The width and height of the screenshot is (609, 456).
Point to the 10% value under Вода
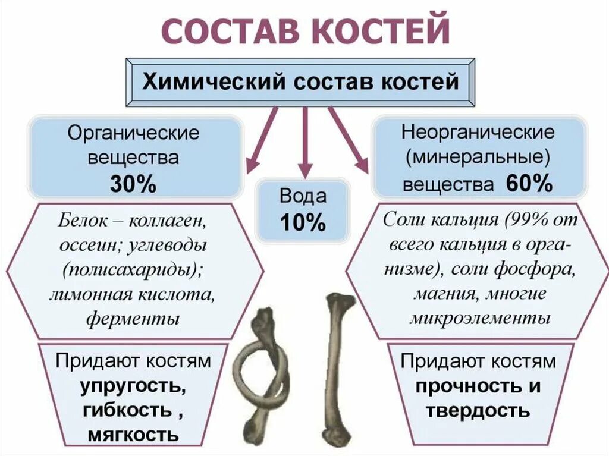[x=303, y=222]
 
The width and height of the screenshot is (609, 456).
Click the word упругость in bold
[x=133, y=386]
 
